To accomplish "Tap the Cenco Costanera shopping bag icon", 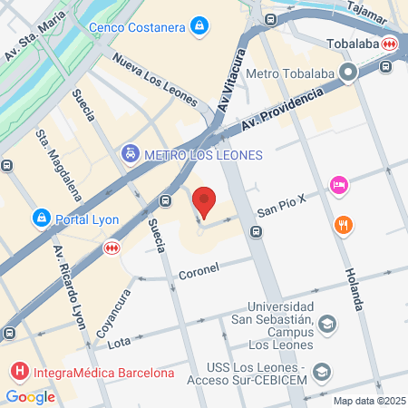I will (199, 26).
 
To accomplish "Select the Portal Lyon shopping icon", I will (40, 219).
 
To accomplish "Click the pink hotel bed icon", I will (339, 185).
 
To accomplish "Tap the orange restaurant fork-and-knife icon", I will (343, 225).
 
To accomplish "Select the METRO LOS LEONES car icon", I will (131, 155).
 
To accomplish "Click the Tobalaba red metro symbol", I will (390, 43).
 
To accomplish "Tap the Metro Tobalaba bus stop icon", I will (348, 73).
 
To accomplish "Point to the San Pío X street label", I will (281, 211).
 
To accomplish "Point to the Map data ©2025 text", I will (367, 401).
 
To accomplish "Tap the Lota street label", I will (119, 343).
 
